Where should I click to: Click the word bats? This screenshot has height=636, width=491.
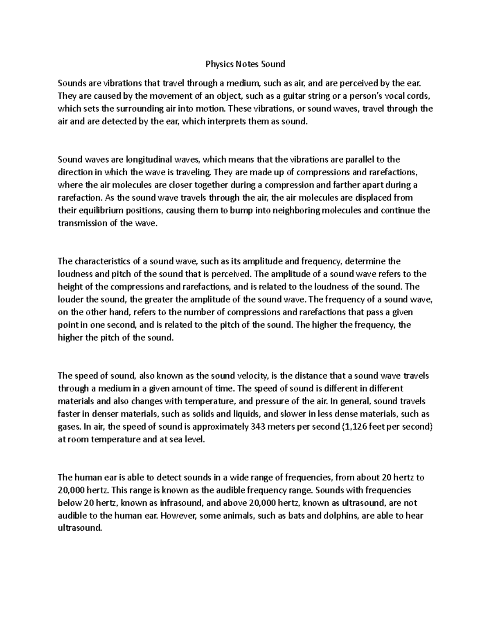[x=296, y=516]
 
